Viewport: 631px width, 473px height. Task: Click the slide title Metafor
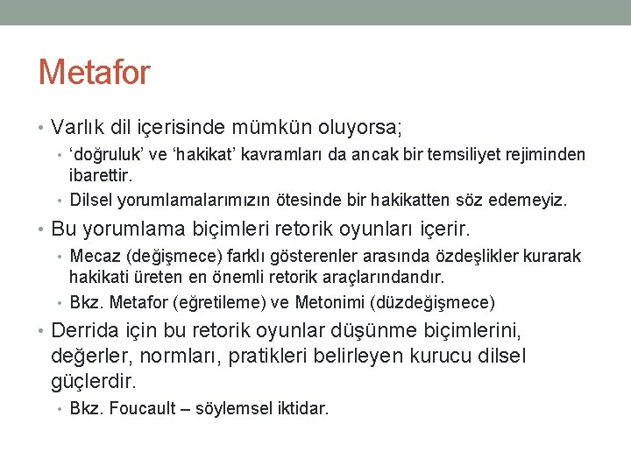tap(94, 72)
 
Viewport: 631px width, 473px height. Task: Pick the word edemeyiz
tap(534, 200)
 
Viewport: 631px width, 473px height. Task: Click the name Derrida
tap(88, 333)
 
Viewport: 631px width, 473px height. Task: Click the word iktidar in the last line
tap(301, 408)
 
